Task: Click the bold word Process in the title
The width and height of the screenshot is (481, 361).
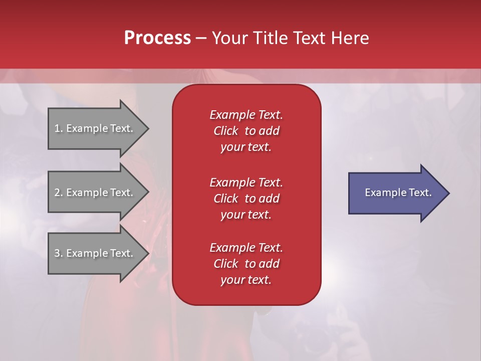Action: click(x=157, y=38)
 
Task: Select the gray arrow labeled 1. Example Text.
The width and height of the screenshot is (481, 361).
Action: click(x=95, y=128)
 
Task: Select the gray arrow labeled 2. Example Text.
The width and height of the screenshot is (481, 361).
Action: click(x=95, y=193)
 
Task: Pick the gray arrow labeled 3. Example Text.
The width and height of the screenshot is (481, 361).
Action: click(x=95, y=253)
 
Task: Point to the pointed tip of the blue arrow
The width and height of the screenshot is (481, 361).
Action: click(x=448, y=193)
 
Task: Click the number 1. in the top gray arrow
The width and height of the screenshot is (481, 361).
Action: click(x=59, y=128)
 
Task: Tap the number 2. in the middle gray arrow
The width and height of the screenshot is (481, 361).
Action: click(x=59, y=193)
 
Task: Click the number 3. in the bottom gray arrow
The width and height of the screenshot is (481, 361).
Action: click(x=59, y=253)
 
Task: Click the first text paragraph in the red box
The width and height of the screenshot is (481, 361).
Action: click(x=246, y=131)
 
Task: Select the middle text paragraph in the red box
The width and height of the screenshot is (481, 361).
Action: click(x=246, y=199)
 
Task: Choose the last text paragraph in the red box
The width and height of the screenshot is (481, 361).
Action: click(x=246, y=264)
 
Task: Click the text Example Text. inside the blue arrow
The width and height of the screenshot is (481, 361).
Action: click(x=398, y=193)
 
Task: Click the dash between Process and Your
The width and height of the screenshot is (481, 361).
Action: click(x=201, y=38)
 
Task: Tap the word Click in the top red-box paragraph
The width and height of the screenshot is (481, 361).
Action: click(x=226, y=131)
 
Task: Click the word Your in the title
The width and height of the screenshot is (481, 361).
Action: click(x=229, y=38)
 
